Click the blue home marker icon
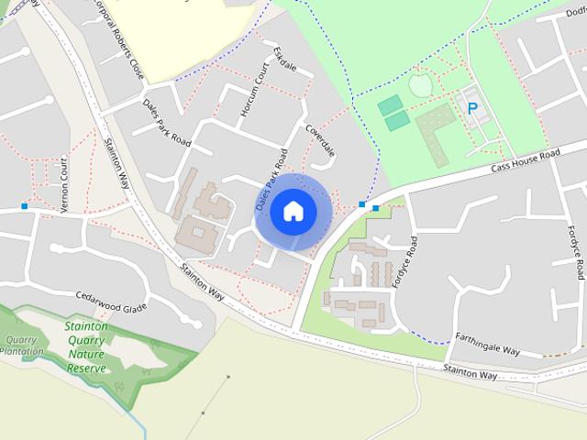[x=293, y=211]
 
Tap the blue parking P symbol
[x=473, y=108]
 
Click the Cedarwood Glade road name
[x=111, y=302]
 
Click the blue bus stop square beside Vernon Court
[x=24, y=206]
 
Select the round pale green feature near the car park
[x=419, y=86]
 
